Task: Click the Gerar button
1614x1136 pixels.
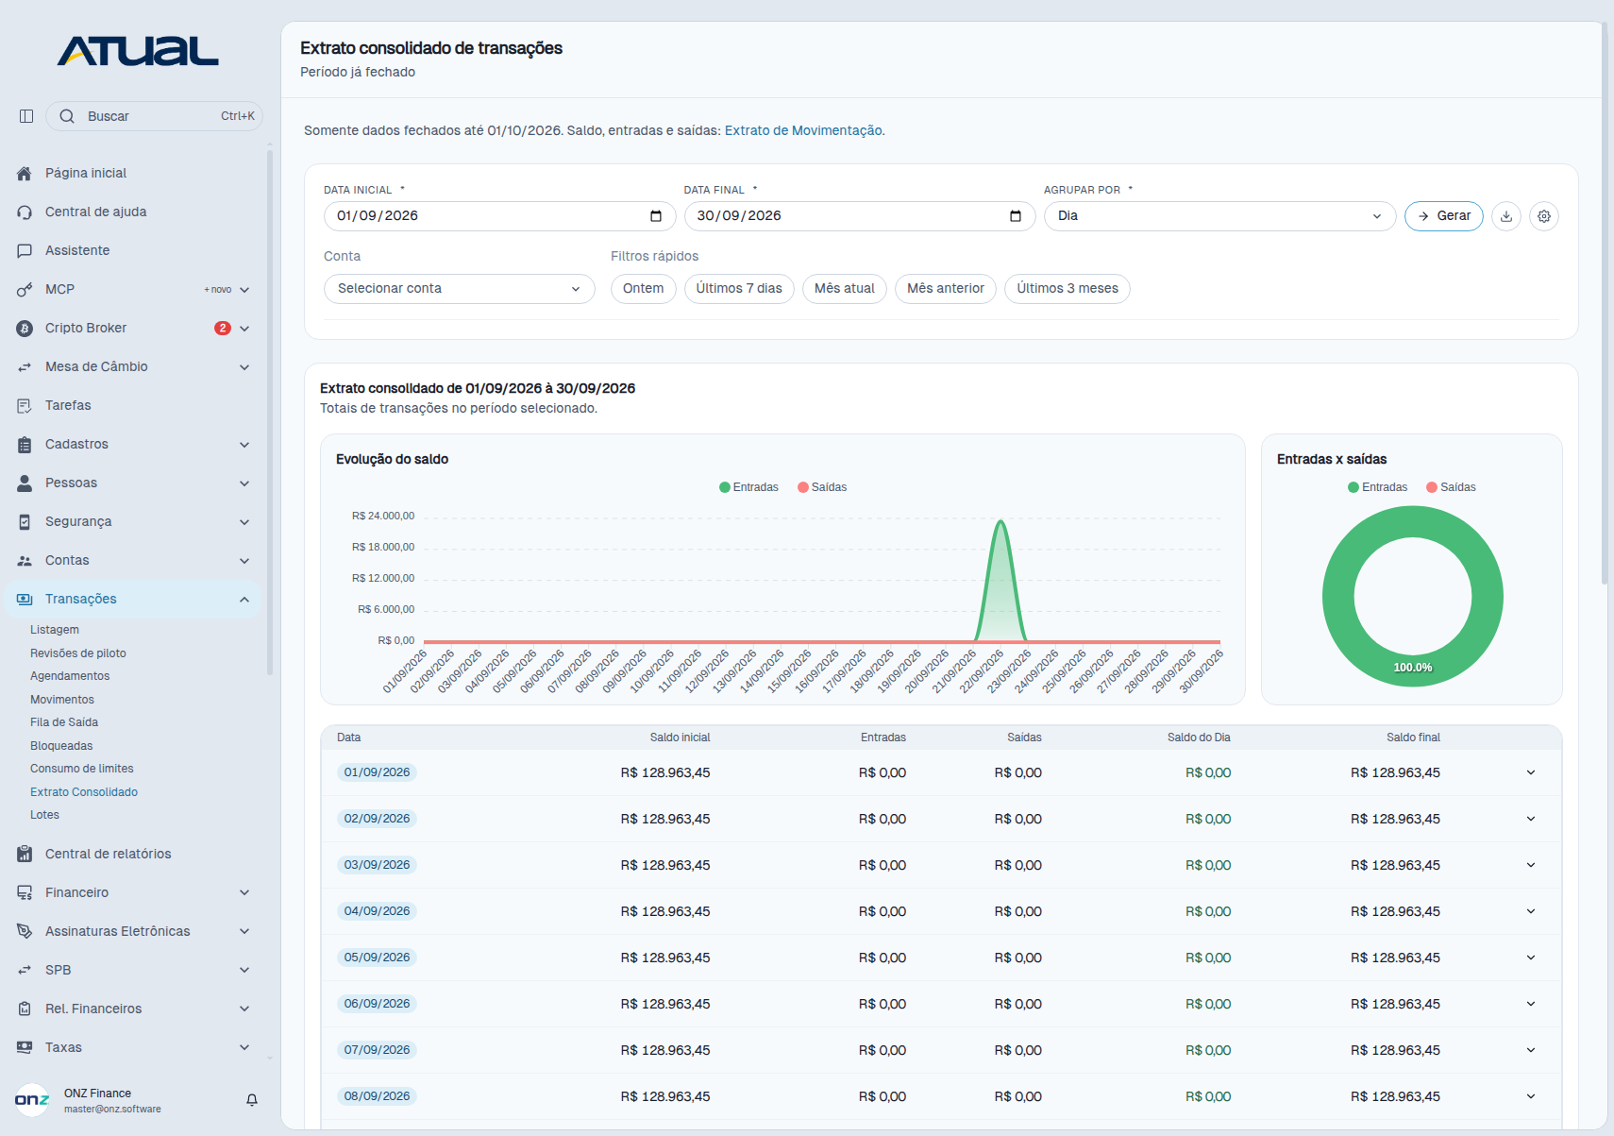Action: (1443, 216)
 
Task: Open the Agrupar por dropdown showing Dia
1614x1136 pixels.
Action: (1219, 216)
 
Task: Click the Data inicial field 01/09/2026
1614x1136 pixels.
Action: (499, 216)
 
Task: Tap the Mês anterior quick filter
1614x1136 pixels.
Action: (946, 288)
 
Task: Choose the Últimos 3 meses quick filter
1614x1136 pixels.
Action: (1068, 288)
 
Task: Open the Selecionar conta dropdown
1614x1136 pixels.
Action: (459, 288)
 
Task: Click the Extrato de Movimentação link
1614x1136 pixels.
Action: (803, 130)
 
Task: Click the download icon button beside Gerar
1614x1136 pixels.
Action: (1505, 216)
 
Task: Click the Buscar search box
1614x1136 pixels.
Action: (154, 116)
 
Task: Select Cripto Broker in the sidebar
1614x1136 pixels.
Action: (86, 328)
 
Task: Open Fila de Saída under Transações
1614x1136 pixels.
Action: (64, 722)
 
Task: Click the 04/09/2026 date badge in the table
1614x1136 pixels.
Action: (377, 911)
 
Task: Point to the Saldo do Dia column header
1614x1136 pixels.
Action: (1199, 738)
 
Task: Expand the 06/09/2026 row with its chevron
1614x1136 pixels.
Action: (1531, 1004)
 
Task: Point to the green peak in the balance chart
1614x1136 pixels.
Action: (1000, 521)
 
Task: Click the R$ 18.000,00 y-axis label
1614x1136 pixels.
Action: (383, 547)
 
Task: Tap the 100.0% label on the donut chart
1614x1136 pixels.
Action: (1412, 668)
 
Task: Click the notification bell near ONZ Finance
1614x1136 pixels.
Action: (251, 1100)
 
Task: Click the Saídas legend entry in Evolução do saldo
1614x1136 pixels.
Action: (822, 487)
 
